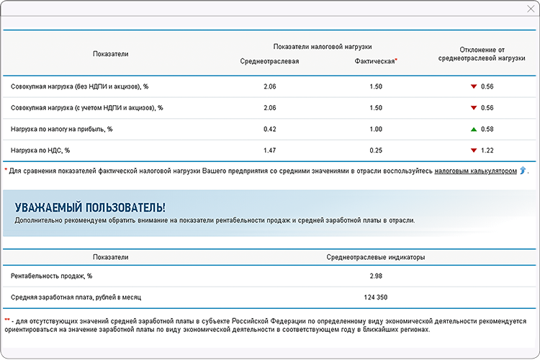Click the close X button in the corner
pos(531,8)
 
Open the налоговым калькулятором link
pos(475,171)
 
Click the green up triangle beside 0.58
pos(473,129)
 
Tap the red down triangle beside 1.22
pos(473,150)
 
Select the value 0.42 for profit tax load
pos(270,129)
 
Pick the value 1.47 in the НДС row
pos(270,150)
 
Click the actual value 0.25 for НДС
pos(375,150)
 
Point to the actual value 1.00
pos(375,129)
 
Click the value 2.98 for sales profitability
pos(375,276)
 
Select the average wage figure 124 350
pos(375,297)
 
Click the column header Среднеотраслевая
pos(269,61)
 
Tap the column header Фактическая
pos(374,61)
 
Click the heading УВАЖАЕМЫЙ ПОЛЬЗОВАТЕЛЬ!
pos(90,207)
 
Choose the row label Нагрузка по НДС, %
pos(40,150)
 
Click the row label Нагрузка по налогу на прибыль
pos(62,129)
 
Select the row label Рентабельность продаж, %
pos(51,276)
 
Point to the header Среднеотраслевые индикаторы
pos(375,256)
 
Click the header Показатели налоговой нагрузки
pos(323,46)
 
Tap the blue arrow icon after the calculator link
pos(523,171)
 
